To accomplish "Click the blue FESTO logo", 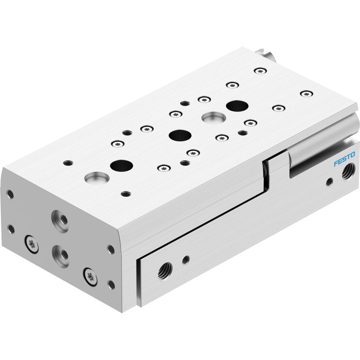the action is (344, 159).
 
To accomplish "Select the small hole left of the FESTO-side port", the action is (329, 182).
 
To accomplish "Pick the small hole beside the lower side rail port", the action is (186, 260).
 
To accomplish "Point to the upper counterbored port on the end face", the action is (60, 221).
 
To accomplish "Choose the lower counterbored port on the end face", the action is (60, 256).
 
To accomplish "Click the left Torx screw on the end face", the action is (31, 244).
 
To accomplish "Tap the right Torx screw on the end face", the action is (90, 277).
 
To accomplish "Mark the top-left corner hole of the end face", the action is (10, 194).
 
